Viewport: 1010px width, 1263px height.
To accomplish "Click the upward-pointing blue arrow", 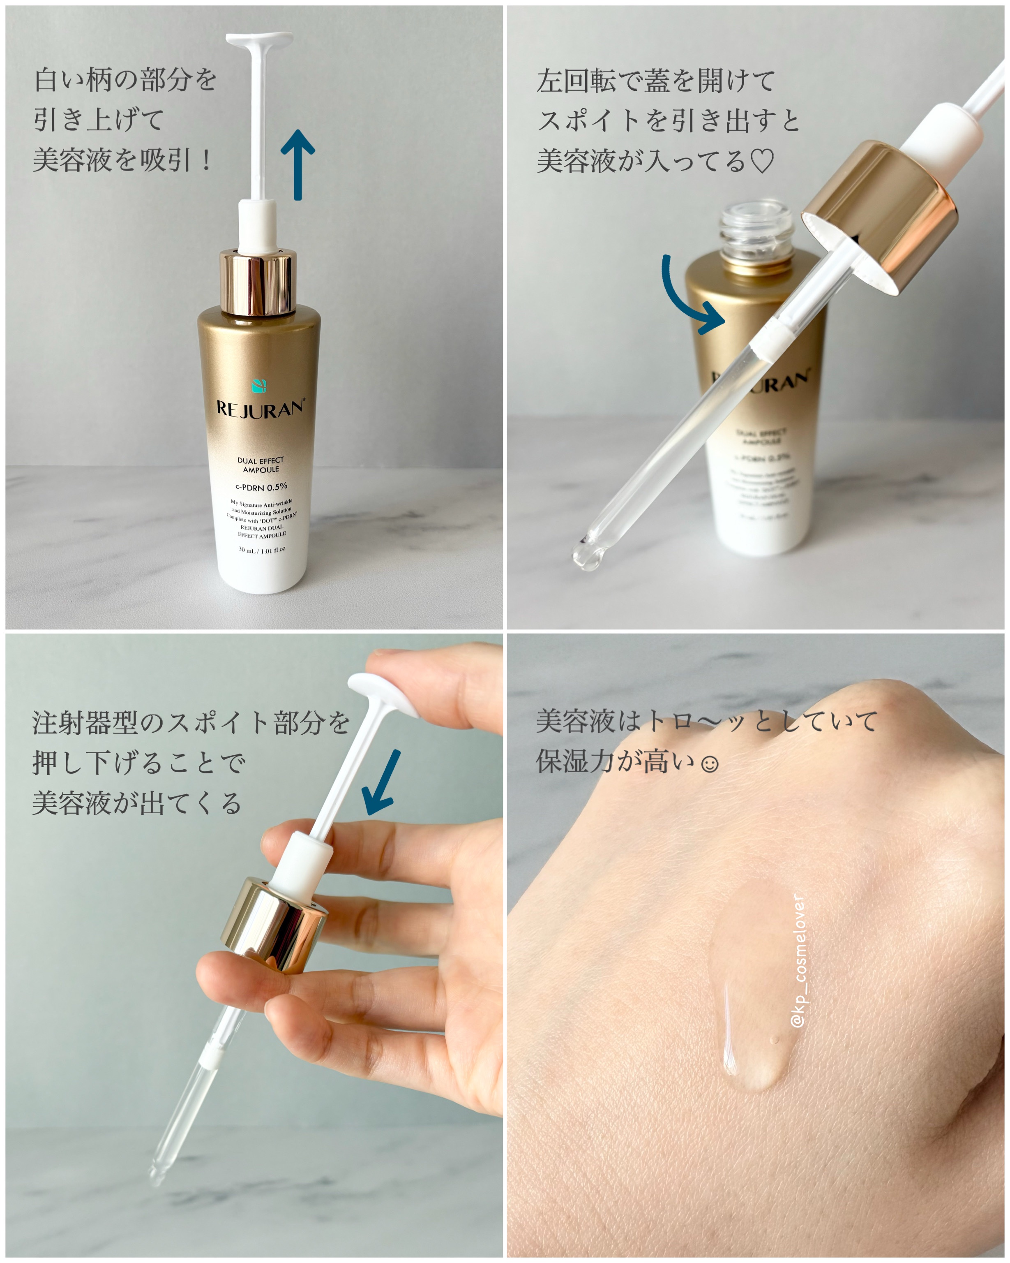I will pos(297,164).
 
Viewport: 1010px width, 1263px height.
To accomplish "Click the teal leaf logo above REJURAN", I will pos(259,386).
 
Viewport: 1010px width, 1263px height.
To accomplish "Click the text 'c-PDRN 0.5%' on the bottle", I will pos(261,487).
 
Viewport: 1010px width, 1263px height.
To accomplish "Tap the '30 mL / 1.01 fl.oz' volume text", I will pos(262,550).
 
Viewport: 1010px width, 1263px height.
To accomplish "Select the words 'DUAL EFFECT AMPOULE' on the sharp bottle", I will pos(261,465).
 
